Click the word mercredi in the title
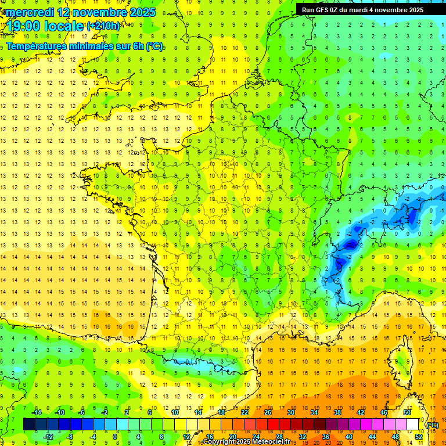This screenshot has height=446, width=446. pyautogui.click(x=30, y=12)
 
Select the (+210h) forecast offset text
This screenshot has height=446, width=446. pyautogui.click(x=103, y=26)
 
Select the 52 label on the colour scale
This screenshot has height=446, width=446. pyautogui.click(x=418, y=436)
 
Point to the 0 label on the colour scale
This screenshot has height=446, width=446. pyautogui.click(x=115, y=436)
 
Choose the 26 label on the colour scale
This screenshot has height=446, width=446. pyautogui.click(x=268, y=412)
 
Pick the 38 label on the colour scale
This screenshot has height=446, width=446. pyautogui.click(x=337, y=412)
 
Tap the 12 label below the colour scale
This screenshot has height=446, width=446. pyautogui.click(x=186, y=436)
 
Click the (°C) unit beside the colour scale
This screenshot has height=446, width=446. pyautogui.click(x=433, y=425)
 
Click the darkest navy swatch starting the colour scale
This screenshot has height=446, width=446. pyautogui.click(x=29, y=425)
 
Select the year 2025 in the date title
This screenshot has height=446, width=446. pyautogui.click(x=143, y=12)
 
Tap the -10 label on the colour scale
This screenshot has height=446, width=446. pyautogui.click(x=59, y=412)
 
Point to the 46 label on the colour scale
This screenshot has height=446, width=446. pyautogui.click(x=384, y=412)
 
